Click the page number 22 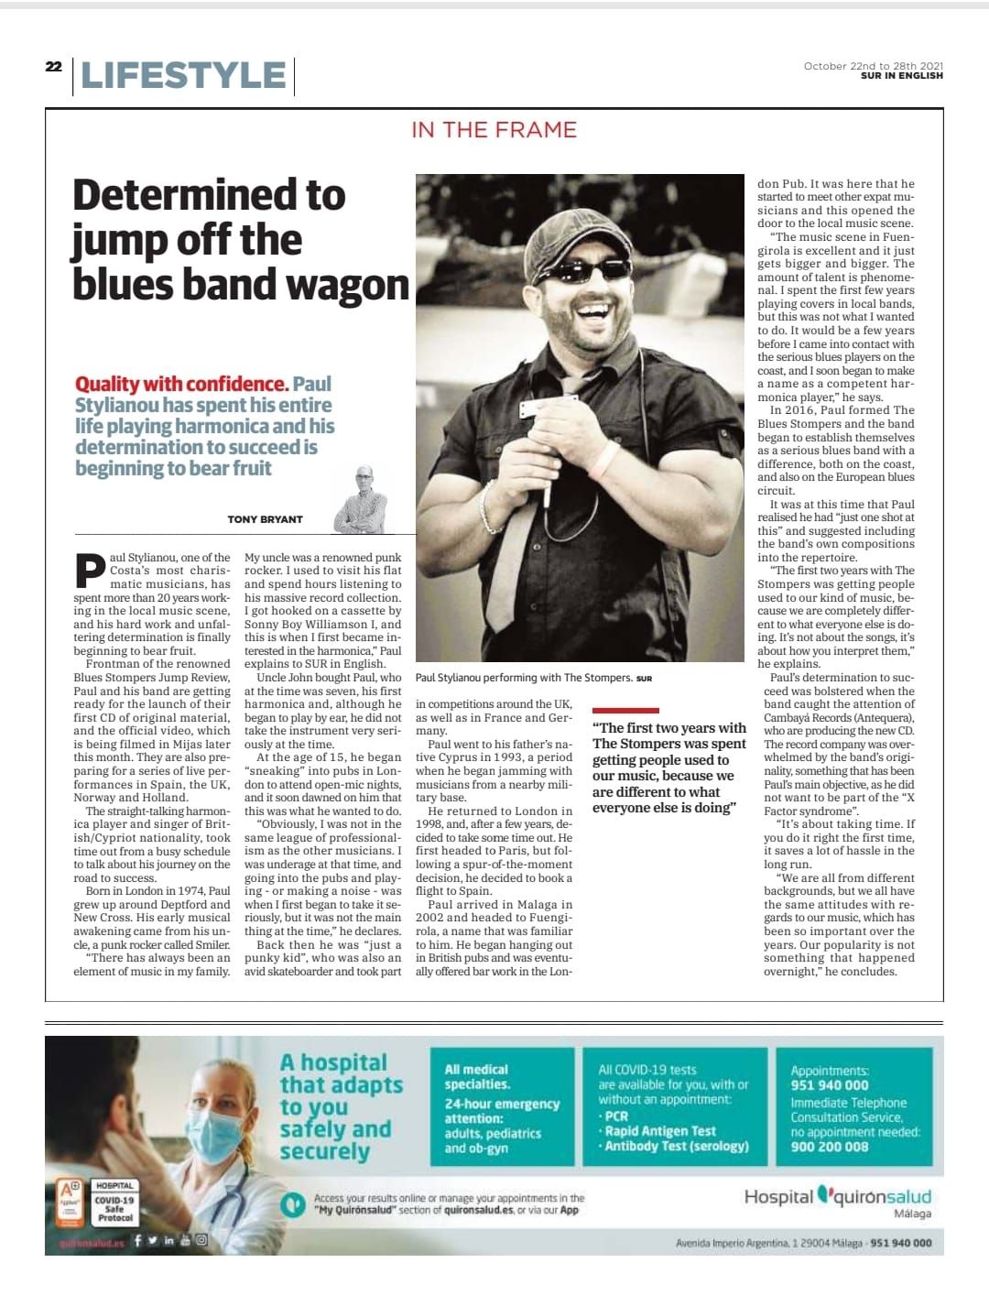tap(54, 66)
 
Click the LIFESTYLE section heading tap(183, 75)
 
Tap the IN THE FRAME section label tap(494, 129)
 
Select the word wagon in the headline tap(349, 285)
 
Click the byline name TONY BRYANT tap(265, 519)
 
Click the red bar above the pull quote tap(625, 710)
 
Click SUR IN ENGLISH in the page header tap(901, 76)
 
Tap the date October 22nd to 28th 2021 tap(873, 66)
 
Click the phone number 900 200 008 tap(830, 1147)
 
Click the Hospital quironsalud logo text tap(837, 1197)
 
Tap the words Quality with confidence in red tap(181, 384)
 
